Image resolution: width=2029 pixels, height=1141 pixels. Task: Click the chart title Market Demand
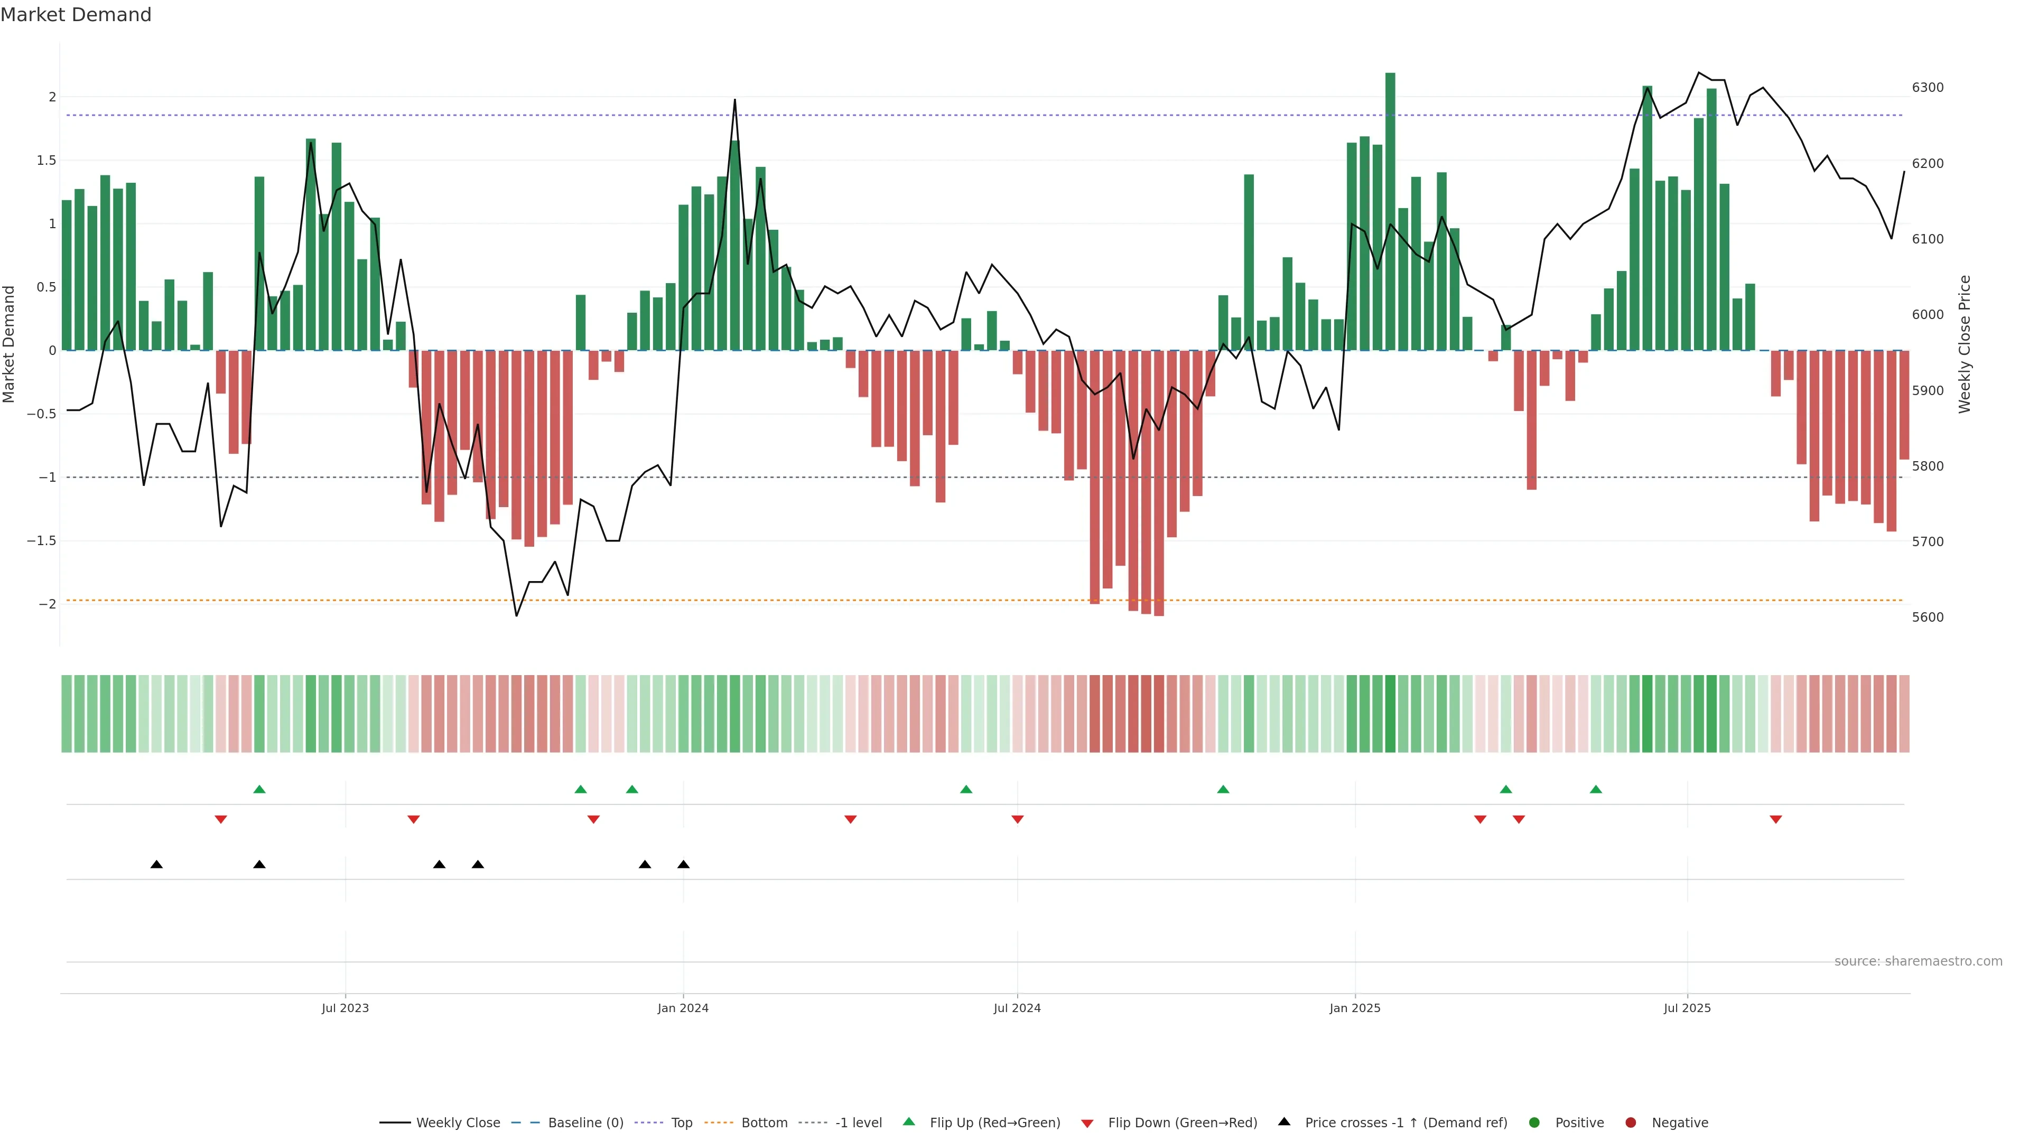tap(76, 15)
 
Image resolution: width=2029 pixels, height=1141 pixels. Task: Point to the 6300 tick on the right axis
tap(1928, 87)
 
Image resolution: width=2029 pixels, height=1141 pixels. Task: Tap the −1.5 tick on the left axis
tap(41, 541)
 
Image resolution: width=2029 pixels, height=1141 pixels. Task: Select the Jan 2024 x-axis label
tap(683, 1008)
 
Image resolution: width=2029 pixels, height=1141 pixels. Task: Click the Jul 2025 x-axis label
tap(1687, 1008)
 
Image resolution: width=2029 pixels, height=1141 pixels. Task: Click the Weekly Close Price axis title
tap(1965, 344)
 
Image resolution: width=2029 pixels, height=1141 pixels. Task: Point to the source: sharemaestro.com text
tap(1918, 961)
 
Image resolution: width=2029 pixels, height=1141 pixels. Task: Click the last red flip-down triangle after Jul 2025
tap(1775, 820)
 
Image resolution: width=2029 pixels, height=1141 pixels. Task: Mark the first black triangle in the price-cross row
tap(157, 865)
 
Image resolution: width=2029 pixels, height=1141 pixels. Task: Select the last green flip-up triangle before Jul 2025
tap(1596, 789)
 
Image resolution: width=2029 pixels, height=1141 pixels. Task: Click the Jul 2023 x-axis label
tap(345, 1008)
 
